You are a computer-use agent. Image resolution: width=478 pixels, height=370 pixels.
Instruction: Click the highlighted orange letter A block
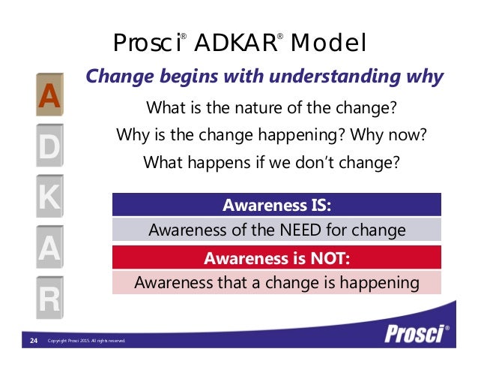tap(49, 96)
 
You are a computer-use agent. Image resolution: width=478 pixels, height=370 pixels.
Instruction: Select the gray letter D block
tap(49, 148)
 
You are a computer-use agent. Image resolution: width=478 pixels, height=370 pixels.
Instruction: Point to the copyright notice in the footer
tap(85, 342)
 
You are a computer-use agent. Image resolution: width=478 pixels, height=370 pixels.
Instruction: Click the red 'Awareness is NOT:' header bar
tap(276, 259)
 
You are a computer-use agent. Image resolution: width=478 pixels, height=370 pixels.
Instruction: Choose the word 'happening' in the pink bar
tap(376, 283)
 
